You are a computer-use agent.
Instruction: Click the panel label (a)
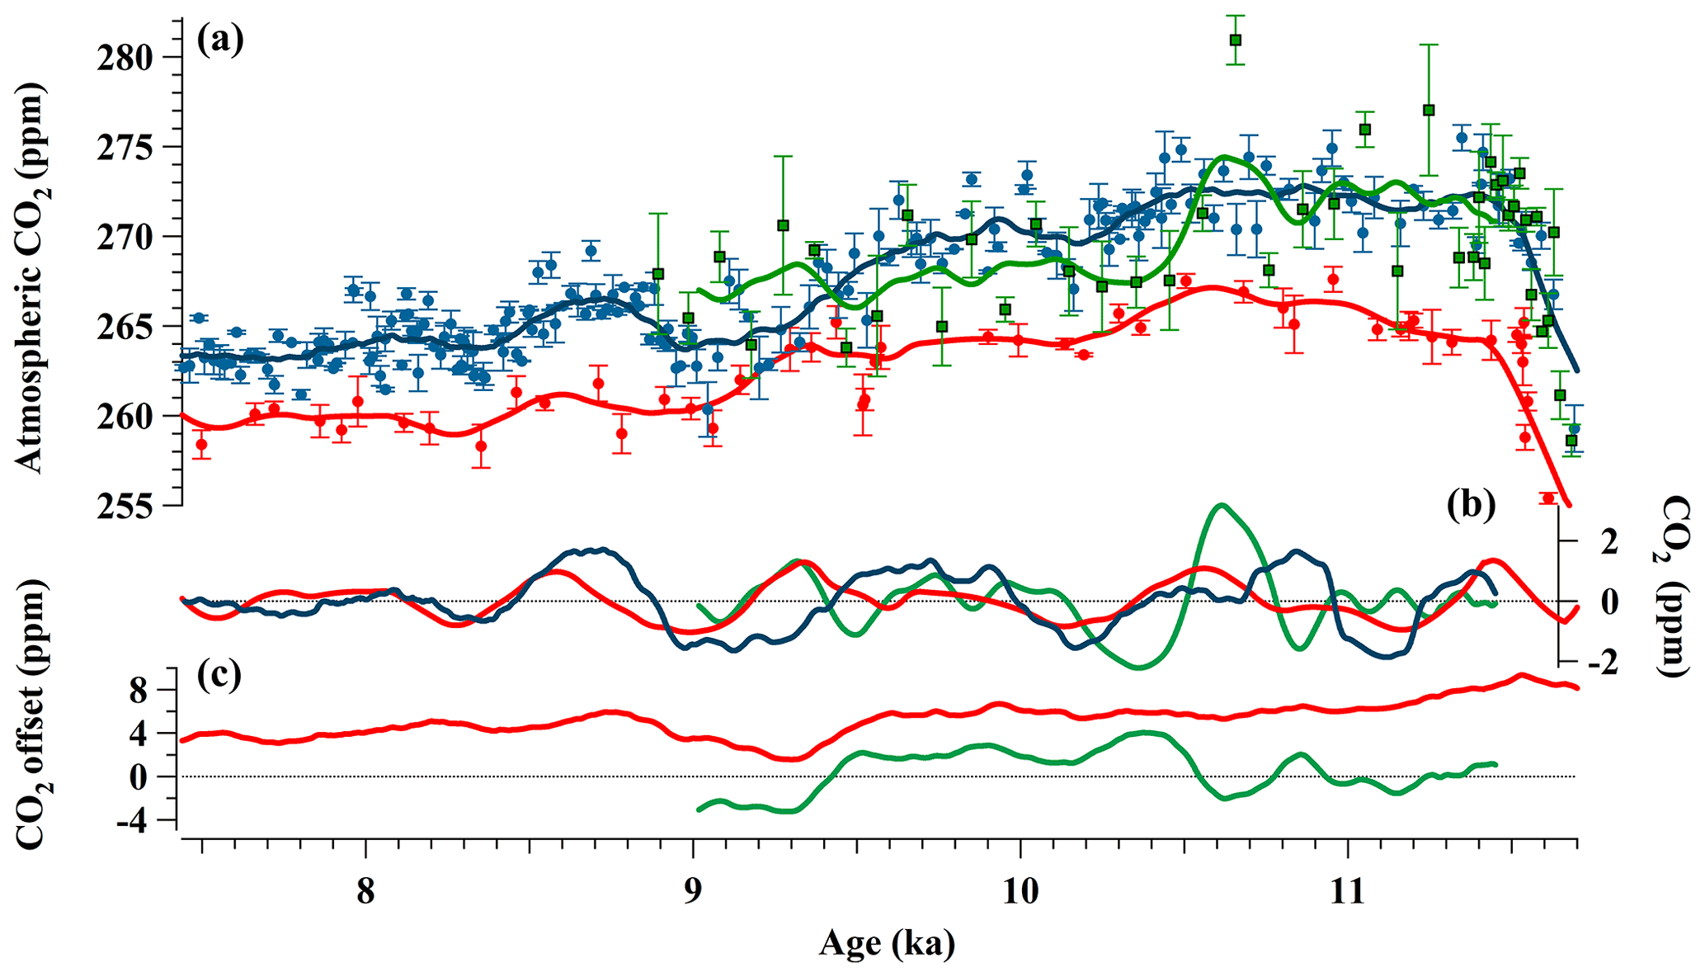click(219, 40)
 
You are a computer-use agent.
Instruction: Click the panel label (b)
click(1471, 506)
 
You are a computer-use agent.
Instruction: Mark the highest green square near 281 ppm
click(1235, 40)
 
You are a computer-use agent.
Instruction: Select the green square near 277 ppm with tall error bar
click(1429, 110)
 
